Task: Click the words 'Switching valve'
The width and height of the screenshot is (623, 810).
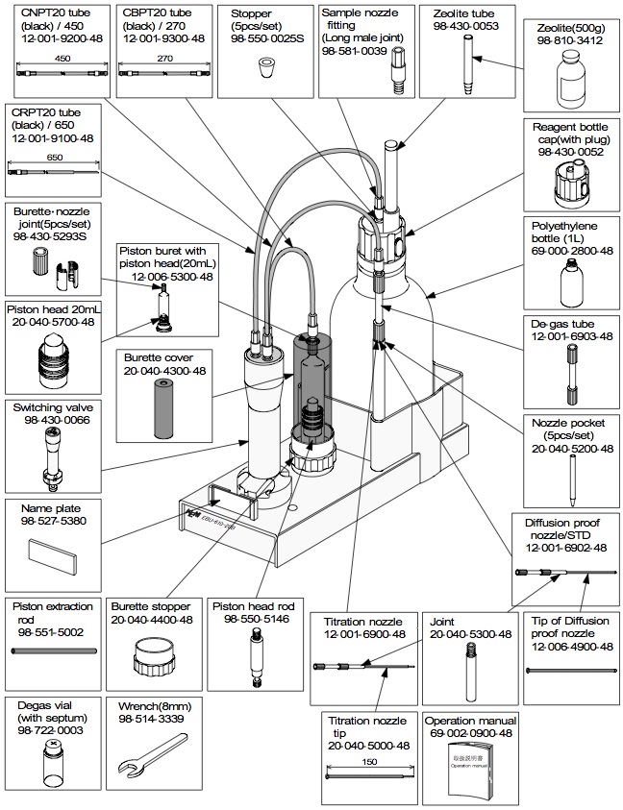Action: [x=51, y=407]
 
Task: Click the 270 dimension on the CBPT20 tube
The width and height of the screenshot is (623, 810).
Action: [x=162, y=58]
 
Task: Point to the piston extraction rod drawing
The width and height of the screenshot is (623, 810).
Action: [x=54, y=652]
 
